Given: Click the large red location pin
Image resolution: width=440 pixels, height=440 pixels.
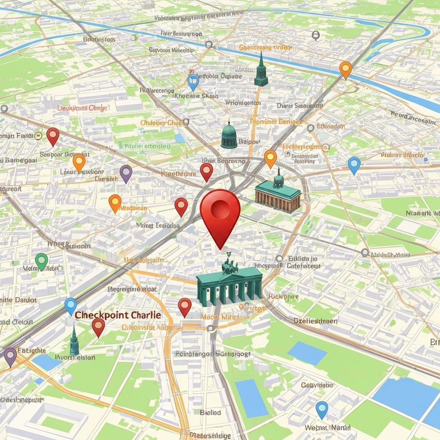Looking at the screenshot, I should tap(220, 211).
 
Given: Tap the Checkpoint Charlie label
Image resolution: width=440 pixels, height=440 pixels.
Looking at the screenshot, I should tap(118, 315).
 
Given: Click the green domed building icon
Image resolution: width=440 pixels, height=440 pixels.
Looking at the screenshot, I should tap(229, 136).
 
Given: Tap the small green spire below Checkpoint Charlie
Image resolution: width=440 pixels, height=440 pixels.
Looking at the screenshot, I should tap(74, 341).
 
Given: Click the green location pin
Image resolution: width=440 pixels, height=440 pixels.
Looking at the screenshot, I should tap(41, 261).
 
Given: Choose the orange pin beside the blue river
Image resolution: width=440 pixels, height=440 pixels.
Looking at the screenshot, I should tap(345, 69).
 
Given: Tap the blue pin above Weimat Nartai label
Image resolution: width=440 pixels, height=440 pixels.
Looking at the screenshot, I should tap(322, 409).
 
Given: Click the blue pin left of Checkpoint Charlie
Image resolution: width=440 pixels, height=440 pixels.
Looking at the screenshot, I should tap(70, 306).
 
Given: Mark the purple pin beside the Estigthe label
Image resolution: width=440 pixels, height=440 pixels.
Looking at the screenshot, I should tap(10, 356).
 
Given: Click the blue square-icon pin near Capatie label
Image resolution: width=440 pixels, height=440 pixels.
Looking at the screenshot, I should tap(193, 81).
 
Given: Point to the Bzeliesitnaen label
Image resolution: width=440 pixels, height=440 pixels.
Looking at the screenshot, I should tap(315, 321).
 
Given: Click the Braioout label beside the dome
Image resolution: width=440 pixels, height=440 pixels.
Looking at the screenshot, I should tap(249, 141).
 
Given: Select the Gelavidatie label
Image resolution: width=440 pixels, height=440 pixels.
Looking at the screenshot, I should tap(317, 385).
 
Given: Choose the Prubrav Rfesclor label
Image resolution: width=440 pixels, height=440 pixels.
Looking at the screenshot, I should tap(403, 155).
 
